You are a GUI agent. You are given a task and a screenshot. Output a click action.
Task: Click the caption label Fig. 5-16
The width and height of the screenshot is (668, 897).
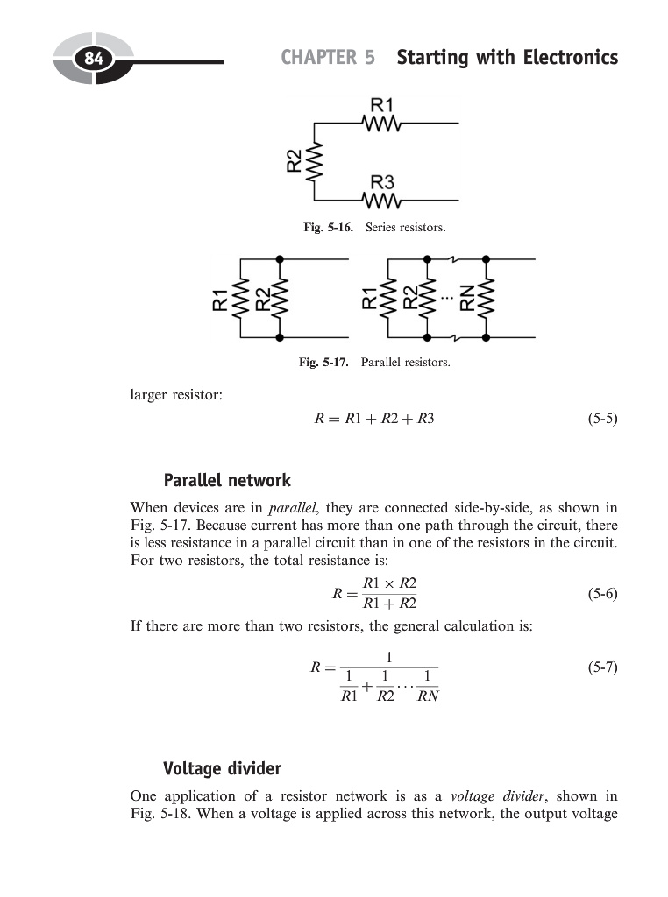point(328,228)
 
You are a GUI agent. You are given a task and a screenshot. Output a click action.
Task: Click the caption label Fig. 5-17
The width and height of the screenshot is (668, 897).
point(323,361)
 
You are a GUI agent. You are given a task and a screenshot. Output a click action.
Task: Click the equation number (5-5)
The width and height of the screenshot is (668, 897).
point(602,418)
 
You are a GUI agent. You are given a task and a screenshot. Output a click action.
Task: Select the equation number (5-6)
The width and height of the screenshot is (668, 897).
point(602,593)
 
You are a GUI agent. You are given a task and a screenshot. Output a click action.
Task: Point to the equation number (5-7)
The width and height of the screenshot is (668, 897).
point(602,667)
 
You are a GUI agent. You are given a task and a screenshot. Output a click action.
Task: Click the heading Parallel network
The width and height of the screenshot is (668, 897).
point(227,480)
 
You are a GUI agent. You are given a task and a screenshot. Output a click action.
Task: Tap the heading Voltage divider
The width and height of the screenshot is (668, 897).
point(223,768)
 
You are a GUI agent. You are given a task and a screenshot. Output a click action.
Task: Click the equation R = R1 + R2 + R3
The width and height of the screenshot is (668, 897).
point(374,418)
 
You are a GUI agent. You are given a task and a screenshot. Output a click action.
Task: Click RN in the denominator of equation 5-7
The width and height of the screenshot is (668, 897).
point(428,697)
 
